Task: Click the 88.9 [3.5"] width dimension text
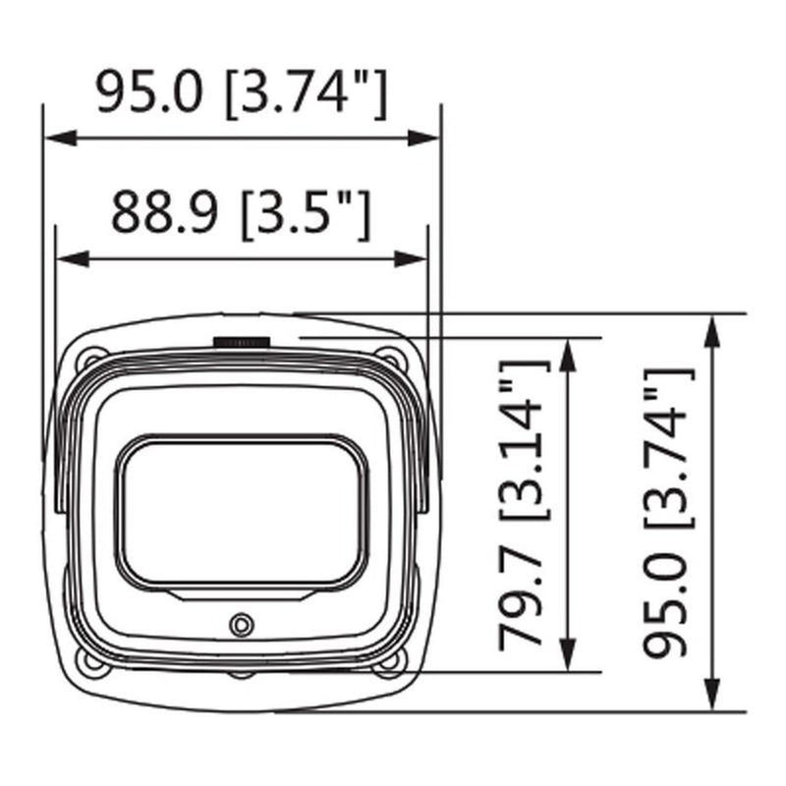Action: (x=241, y=214)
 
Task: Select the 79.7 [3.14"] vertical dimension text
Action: (x=524, y=505)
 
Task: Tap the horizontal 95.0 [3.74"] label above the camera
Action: (x=242, y=93)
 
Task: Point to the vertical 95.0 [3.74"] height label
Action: (x=669, y=512)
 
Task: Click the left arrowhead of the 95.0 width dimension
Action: (x=61, y=138)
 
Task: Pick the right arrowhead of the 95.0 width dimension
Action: (x=423, y=138)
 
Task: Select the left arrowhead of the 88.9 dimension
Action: (x=73, y=259)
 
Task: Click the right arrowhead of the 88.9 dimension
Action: (x=411, y=259)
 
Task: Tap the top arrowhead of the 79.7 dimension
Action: (x=568, y=355)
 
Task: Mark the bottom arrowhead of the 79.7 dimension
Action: (x=568, y=654)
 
